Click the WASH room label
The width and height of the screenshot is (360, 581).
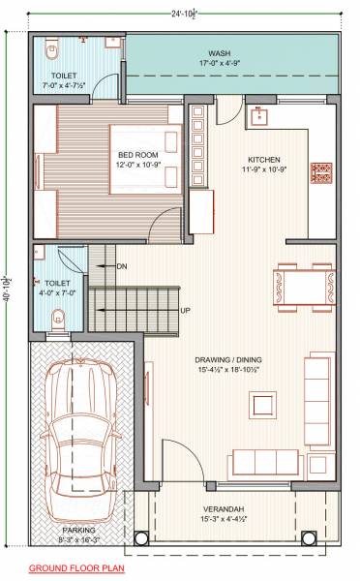click(x=219, y=52)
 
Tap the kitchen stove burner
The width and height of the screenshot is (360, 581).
click(x=320, y=173)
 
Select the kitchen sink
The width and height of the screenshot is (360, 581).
click(x=258, y=117)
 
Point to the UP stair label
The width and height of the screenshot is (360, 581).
click(x=185, y=310)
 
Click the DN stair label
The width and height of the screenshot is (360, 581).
click(x=122, y=265)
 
